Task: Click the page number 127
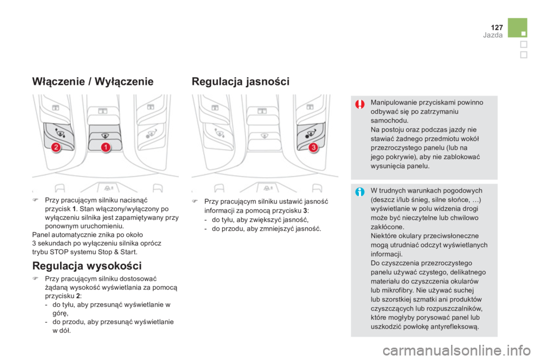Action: (x=497, y=27)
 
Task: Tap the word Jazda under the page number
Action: (x=493, y=35)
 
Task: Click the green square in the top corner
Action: (x=517, y=28)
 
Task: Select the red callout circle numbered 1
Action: (x=106, y=147)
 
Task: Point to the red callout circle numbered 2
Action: (x=56, y=147)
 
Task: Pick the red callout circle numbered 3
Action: (x=313, y=147)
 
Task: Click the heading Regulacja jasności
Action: (x=240, y=82)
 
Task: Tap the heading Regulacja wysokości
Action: (x=87, y=266)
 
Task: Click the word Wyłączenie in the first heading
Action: (x=124, y=82)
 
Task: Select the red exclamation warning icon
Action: (x=360, y=104)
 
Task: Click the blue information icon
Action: (x=360, y=192)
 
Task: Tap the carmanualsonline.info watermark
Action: (x=457, y=350)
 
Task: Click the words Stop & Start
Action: (x=118, y=252)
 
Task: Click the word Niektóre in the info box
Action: (x=384, y=236)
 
